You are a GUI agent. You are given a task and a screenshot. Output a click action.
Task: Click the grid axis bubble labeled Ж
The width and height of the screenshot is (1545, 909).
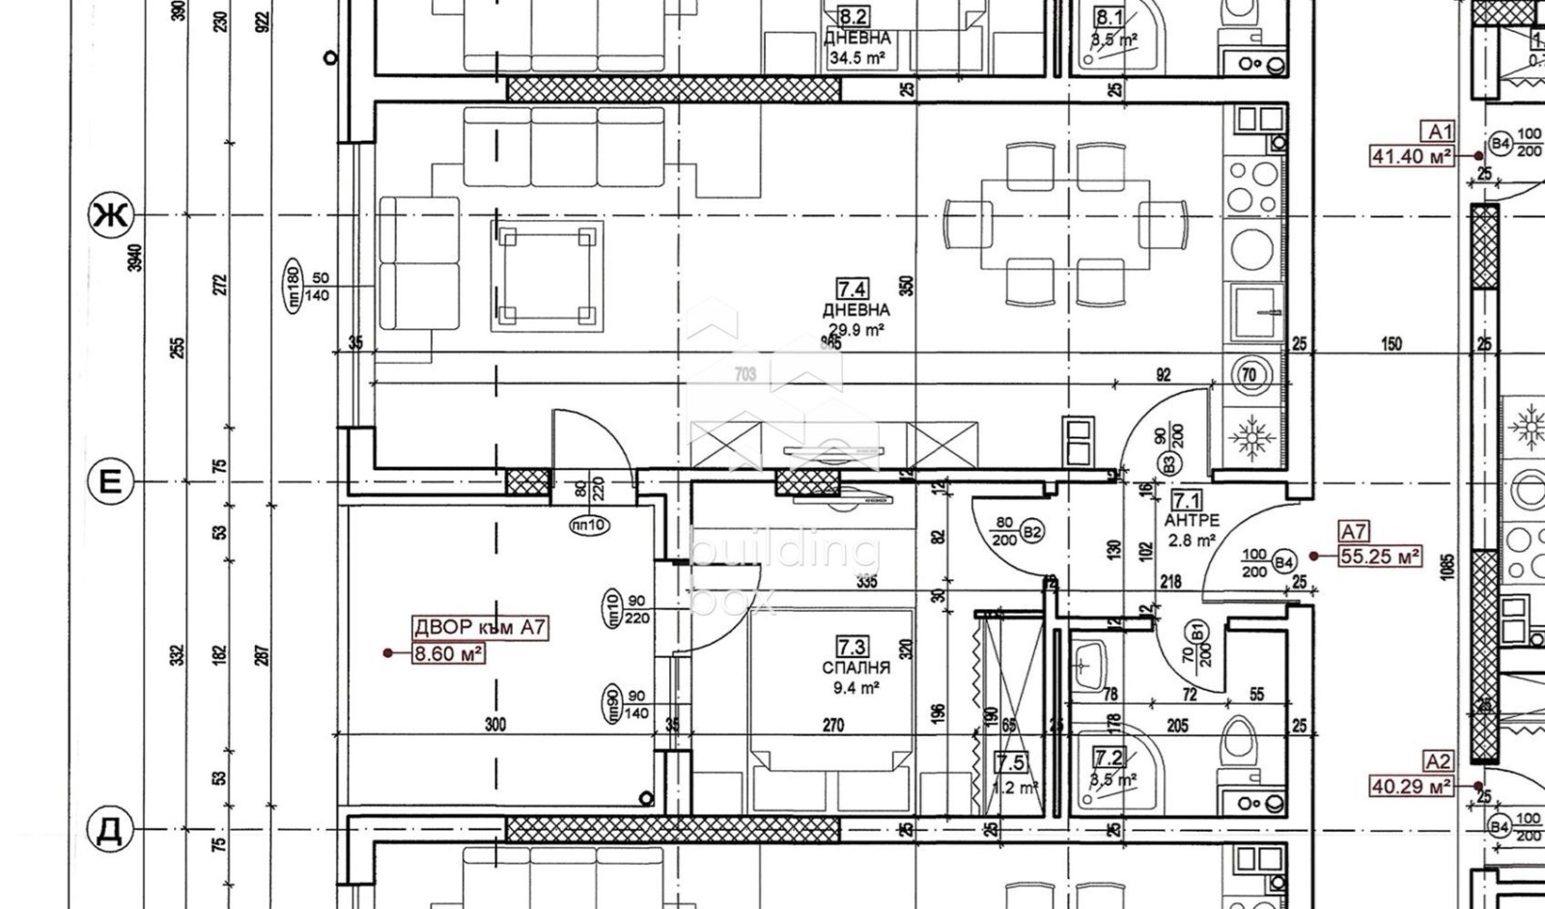[109, 215]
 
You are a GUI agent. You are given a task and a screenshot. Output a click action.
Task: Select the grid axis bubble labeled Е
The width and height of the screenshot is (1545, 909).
[109, 481]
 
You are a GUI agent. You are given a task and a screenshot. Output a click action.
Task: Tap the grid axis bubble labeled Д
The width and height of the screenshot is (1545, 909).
[109, 830]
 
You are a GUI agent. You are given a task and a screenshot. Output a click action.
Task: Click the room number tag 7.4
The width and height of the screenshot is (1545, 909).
[852, 289]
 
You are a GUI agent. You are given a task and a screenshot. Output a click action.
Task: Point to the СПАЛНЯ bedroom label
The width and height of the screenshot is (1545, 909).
[856, 668]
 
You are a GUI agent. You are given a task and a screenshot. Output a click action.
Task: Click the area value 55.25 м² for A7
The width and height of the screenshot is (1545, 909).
[1379, 556]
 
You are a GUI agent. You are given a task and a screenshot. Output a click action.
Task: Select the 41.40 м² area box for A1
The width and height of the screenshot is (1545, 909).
[1412, 155]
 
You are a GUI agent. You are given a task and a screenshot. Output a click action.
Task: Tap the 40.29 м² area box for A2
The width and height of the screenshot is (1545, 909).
[1411, 787]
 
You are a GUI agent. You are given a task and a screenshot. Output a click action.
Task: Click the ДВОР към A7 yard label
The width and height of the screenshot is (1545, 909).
[480, 628]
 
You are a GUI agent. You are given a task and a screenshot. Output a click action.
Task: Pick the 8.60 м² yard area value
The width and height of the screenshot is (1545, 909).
[448, 653]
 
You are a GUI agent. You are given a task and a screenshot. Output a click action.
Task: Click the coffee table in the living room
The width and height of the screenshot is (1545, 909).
[547, 276]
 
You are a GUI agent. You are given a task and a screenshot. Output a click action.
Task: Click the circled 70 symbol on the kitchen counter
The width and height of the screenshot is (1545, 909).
[1250, 375]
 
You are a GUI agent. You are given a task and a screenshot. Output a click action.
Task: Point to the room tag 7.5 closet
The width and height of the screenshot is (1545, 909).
[1010, 763]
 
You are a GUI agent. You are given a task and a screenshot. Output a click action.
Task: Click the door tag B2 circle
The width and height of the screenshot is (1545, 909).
[1031, 532]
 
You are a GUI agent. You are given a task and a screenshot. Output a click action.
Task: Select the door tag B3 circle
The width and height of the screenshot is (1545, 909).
[1169, 464]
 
